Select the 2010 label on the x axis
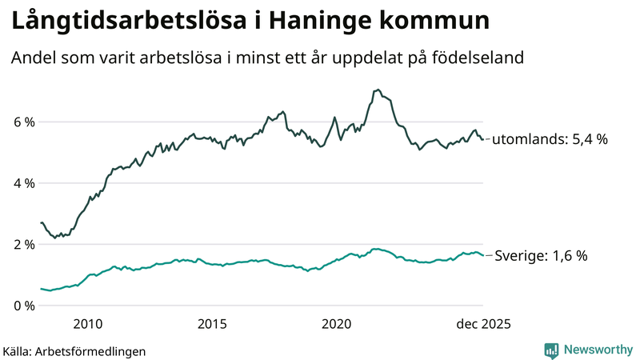(x=88, y=324)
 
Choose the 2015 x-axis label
(x=212, y=324)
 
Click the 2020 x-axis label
(x=337, y=324)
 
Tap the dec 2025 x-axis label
(x=483, y=324)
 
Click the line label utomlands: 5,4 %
(x=550, y=139)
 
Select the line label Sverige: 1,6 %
(x=541, y=256)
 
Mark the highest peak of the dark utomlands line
(x=378, y=90)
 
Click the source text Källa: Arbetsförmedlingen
(x=74, y=350)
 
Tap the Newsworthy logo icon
(x=551, y=350)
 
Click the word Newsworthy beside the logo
(x=597, y=350)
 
